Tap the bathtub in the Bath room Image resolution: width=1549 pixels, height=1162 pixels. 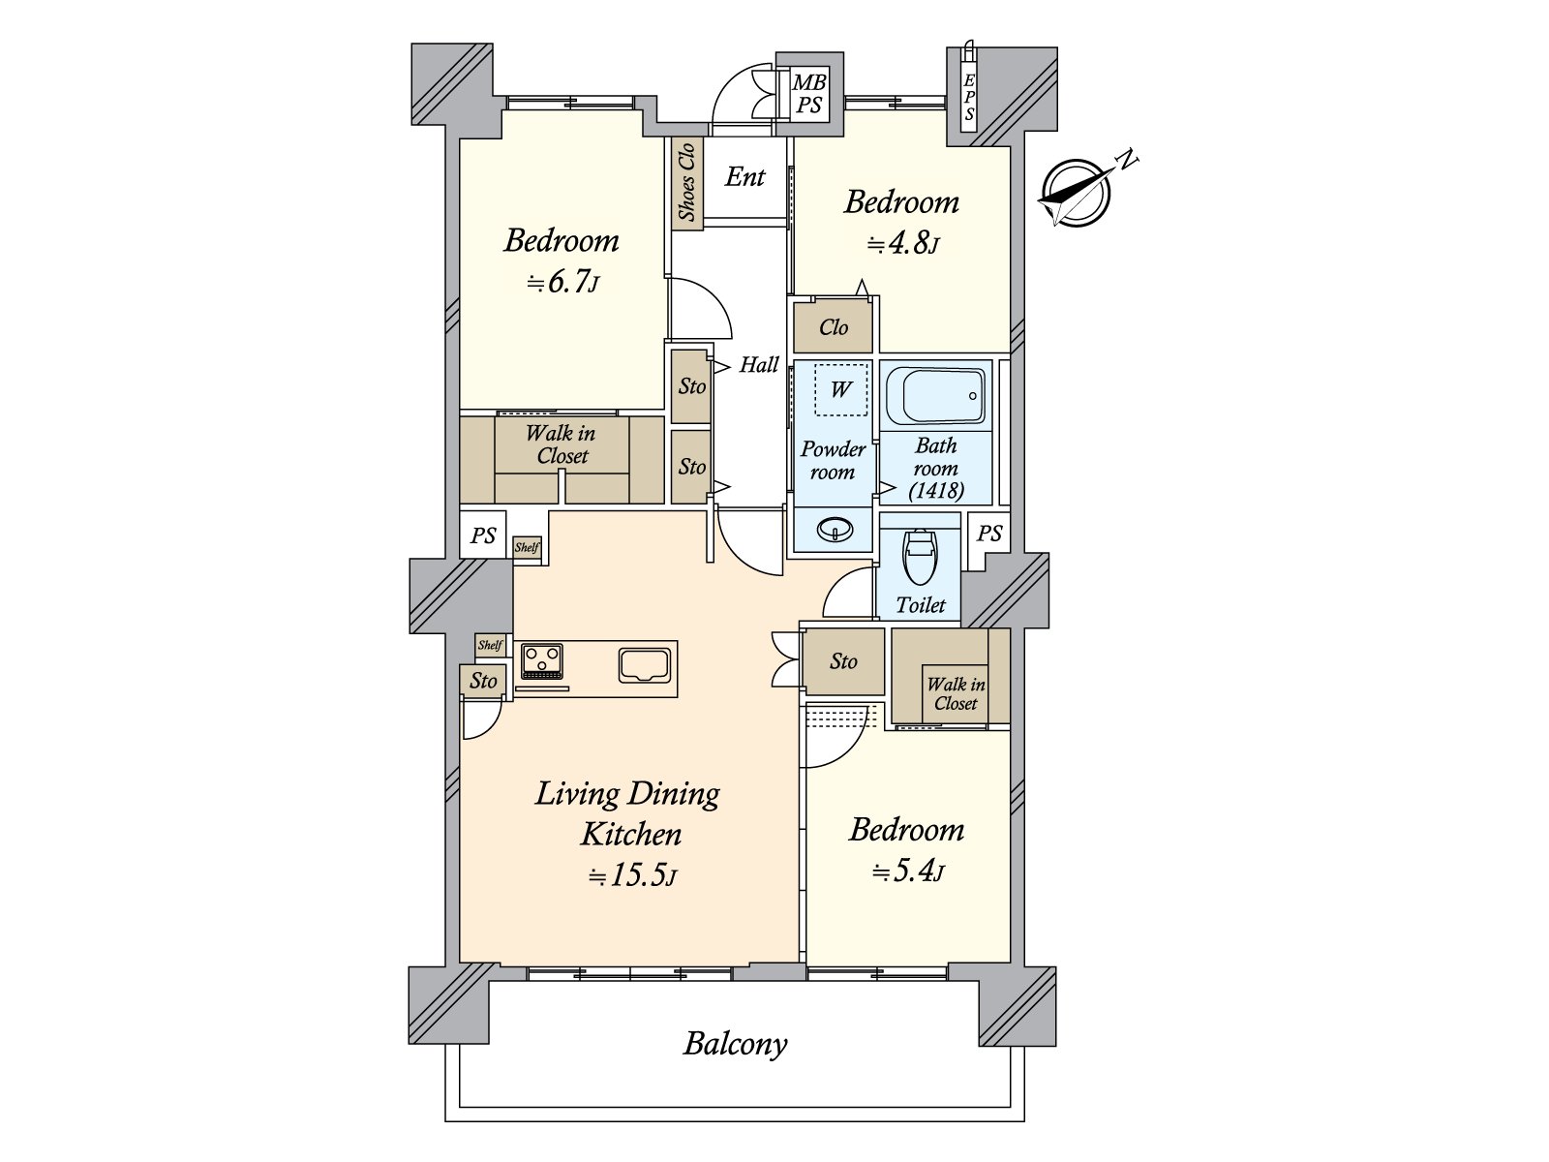(936, 396)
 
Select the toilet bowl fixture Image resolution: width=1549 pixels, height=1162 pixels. (921, 557)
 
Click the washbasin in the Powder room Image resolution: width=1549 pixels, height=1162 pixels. (835, 529)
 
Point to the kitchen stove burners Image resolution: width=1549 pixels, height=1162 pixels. (542, 661)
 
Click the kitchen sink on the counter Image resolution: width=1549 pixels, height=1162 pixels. (645, 665)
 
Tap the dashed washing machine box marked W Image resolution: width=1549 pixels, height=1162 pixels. (840, 389)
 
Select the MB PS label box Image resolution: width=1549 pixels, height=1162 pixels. (808, 94)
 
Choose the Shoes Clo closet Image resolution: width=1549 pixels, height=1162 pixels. (686, 181)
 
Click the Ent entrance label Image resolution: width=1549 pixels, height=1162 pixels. (744, 176)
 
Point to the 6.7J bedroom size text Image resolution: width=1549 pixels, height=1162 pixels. (563, 283)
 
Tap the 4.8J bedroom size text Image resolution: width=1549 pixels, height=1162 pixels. (902, 243)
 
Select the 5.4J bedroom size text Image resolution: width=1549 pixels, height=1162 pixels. (907, 872)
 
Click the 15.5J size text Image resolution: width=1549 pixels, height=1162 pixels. (632, 875)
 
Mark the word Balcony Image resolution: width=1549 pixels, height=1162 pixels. (735, 1044)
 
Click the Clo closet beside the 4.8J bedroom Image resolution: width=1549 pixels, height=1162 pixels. (833, 326)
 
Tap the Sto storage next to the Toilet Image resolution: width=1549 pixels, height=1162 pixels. (843, 661)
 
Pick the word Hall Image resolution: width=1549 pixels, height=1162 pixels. (759, 365)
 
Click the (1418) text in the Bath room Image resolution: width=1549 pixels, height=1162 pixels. (936, 490)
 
